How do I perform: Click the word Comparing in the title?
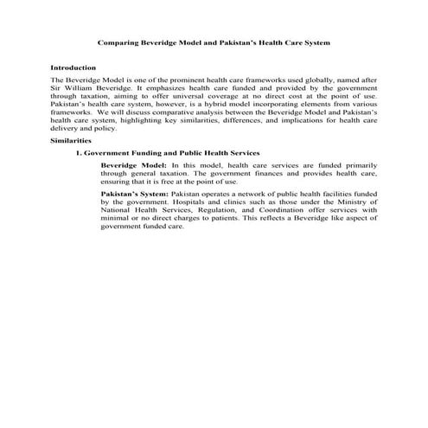pyautogui.click(x=117, y=42)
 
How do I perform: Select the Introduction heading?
pyautogui.click(x=73, y=67)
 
